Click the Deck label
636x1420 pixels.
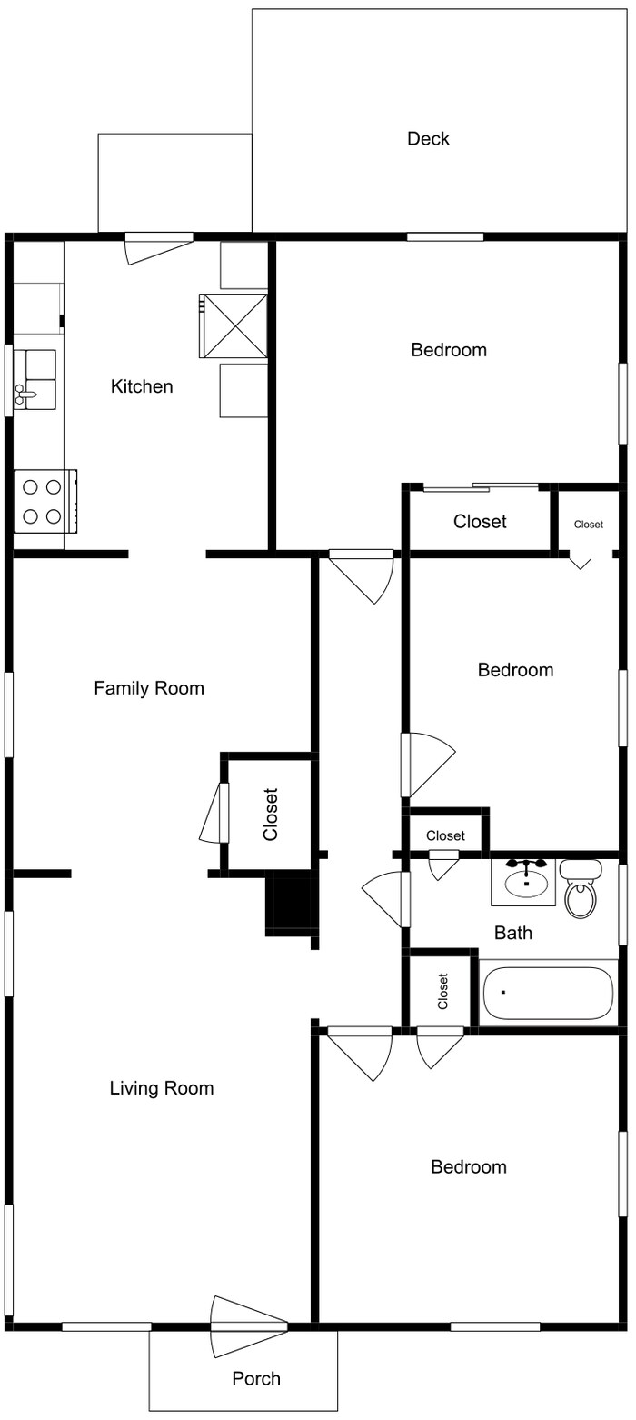(x=428, y=139)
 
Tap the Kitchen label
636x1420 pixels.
(x=142, y=386)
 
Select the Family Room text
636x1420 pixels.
(x=149, y=688)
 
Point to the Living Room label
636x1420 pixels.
(x=162, y=1088)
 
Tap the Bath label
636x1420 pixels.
(x=513, y=933)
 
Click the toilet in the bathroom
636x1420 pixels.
(x=581, y=888)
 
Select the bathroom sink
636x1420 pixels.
(x=524, y=882)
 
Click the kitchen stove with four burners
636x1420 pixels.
(x=45, y=502)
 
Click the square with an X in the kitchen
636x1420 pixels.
(x=234, y=325)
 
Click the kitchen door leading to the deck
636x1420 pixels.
(x=159, y=248)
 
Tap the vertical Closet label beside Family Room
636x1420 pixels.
(x=271, y=815)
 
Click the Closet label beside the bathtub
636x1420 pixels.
(x=442, y=991)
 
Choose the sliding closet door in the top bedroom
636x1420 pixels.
(x=481, y=487)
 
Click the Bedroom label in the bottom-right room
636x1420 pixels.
(x=469, y=1167)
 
